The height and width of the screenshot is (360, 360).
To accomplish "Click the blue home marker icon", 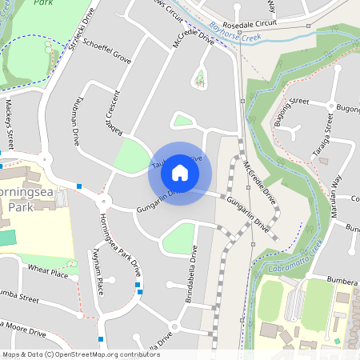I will (x=180, y=172).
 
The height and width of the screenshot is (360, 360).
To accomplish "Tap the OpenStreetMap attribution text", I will (x=80, y=354).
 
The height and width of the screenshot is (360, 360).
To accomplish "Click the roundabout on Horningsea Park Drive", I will (x=103, y=202).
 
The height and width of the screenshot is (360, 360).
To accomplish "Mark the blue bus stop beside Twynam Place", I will (x=138, y=286).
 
